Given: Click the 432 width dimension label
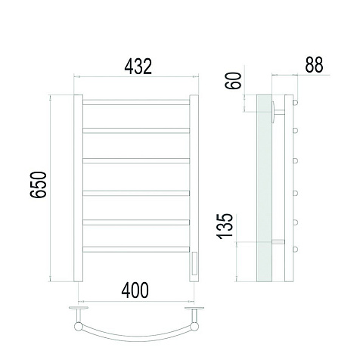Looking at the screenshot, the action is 138,67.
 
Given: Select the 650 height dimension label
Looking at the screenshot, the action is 39,185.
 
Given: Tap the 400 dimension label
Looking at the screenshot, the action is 135,290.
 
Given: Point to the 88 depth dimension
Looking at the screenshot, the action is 314,65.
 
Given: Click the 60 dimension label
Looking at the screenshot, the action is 233,81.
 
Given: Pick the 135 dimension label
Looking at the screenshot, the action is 225,226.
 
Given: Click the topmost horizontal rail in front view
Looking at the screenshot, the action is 136,102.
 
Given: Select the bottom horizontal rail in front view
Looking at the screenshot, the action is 136,250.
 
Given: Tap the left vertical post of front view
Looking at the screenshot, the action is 78,188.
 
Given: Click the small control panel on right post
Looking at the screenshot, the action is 194,264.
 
